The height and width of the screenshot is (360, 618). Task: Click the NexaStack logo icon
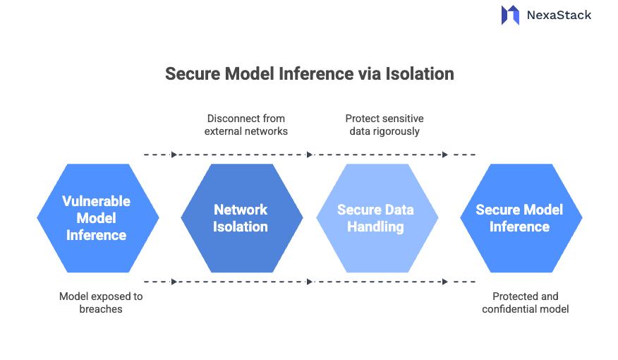pos(510,16)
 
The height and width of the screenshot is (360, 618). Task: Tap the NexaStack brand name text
pos(559,15)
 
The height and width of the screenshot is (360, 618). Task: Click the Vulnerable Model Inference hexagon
pos(97,218)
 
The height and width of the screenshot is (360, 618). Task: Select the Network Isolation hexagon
pos(241,218)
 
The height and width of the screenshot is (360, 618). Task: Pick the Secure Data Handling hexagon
pos(377,218)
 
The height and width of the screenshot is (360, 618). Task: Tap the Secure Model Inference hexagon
pos(521,218)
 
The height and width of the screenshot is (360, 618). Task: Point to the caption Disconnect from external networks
pos(246,125)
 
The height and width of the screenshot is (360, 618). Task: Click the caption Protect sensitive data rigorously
pos(384,125)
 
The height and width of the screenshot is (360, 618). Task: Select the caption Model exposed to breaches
pos(100,303)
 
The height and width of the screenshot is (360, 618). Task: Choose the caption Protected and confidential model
pos(525,303)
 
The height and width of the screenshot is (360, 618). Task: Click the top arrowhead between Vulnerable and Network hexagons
pos(174,155)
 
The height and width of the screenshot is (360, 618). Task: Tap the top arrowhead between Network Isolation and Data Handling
pos(310,155)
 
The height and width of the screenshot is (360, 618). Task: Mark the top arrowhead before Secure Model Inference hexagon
pos(445,155)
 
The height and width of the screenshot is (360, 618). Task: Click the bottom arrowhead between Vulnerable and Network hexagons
pos(174,282)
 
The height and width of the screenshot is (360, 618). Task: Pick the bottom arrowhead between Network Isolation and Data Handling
pos(310,282)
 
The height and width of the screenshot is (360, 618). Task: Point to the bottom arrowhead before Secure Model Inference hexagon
pos(445,282)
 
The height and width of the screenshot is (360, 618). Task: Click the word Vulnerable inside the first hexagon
pos(96,201)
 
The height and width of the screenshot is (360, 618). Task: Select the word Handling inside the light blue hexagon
pos(375,227)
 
